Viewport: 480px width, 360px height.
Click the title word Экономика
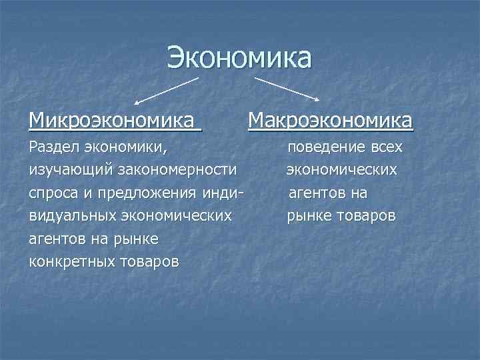[239, 57]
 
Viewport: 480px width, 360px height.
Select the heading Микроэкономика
[114, 121]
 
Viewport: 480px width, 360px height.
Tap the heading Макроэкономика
[331, 121]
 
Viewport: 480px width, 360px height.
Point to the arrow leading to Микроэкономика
[167, 89]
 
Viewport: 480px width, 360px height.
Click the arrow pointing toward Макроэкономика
[287, 88]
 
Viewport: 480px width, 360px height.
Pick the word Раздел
[52, 147]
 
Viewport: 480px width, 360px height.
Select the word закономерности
[177, 170]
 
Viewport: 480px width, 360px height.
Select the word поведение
[325, 147]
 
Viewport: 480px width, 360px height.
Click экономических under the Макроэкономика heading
[342, 170]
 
